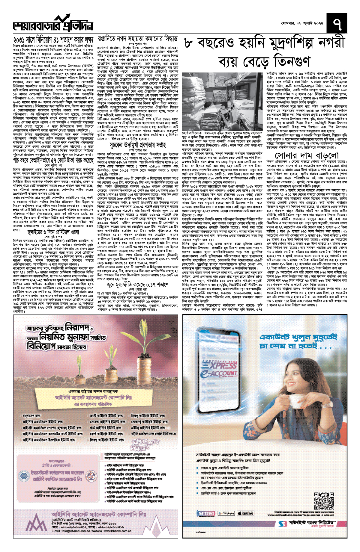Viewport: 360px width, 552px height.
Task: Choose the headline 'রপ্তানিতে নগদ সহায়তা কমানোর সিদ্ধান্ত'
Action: tap(138, 39)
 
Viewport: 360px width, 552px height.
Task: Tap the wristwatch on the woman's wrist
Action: tap(325, 406)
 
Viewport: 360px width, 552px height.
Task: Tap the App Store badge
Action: tap(245, 513)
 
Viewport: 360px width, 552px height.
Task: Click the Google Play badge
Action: tap(226, 513)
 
